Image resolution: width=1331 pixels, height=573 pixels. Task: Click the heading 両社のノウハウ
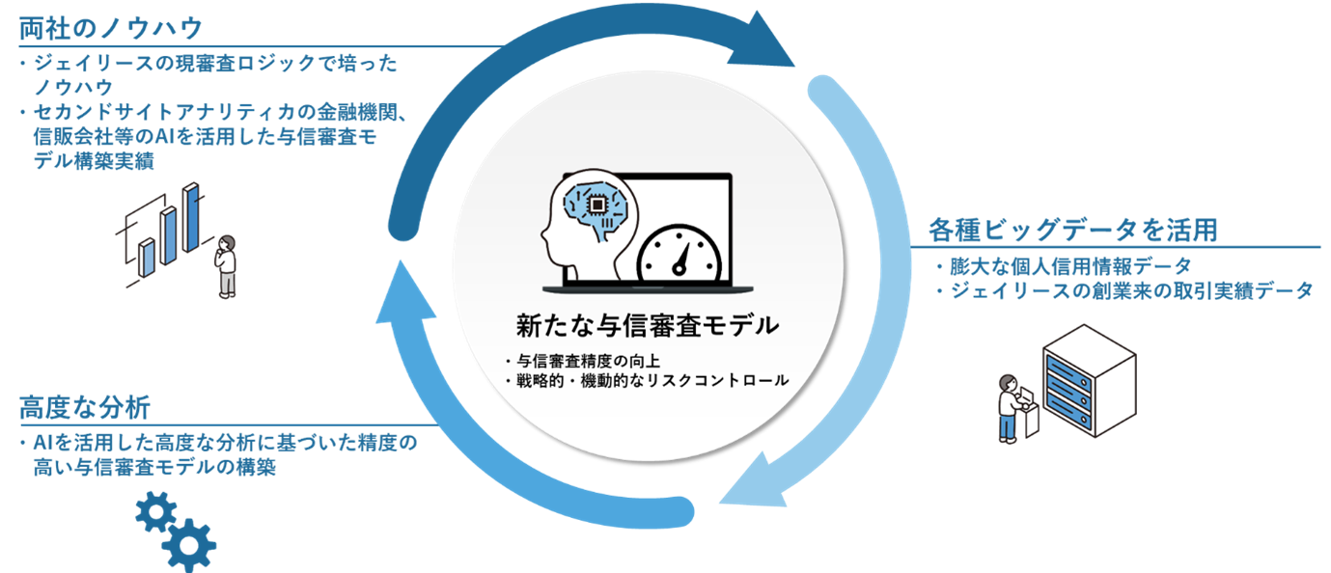click(111, 26)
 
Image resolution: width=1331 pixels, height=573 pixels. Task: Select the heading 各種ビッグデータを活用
click(1071, 230)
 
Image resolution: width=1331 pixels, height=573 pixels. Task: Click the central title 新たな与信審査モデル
click(647, 325)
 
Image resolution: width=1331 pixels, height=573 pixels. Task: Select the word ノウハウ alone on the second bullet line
click(72, 88)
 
